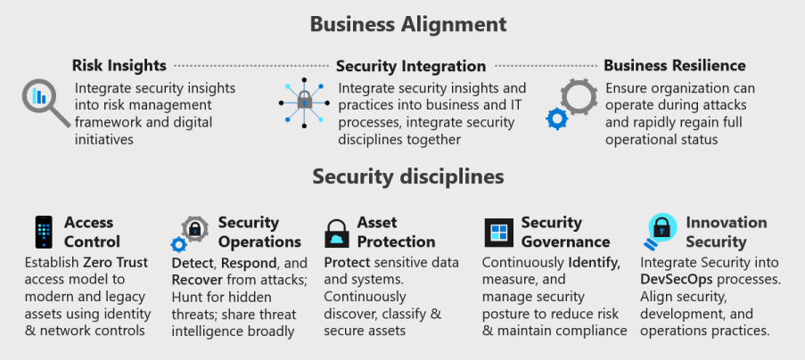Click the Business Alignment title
click(408, 24)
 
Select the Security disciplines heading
click(408, 176)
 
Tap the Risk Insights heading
click(119, 65)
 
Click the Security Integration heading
click(411, 66)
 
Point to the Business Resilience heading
click(675, 65)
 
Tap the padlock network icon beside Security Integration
click(304, 104)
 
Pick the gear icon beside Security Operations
click(193, 230)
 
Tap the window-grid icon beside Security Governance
click(498, 233)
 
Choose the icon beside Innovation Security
click(661, 231)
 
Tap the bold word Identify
click(596, 262)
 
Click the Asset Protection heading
click(396, 232)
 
